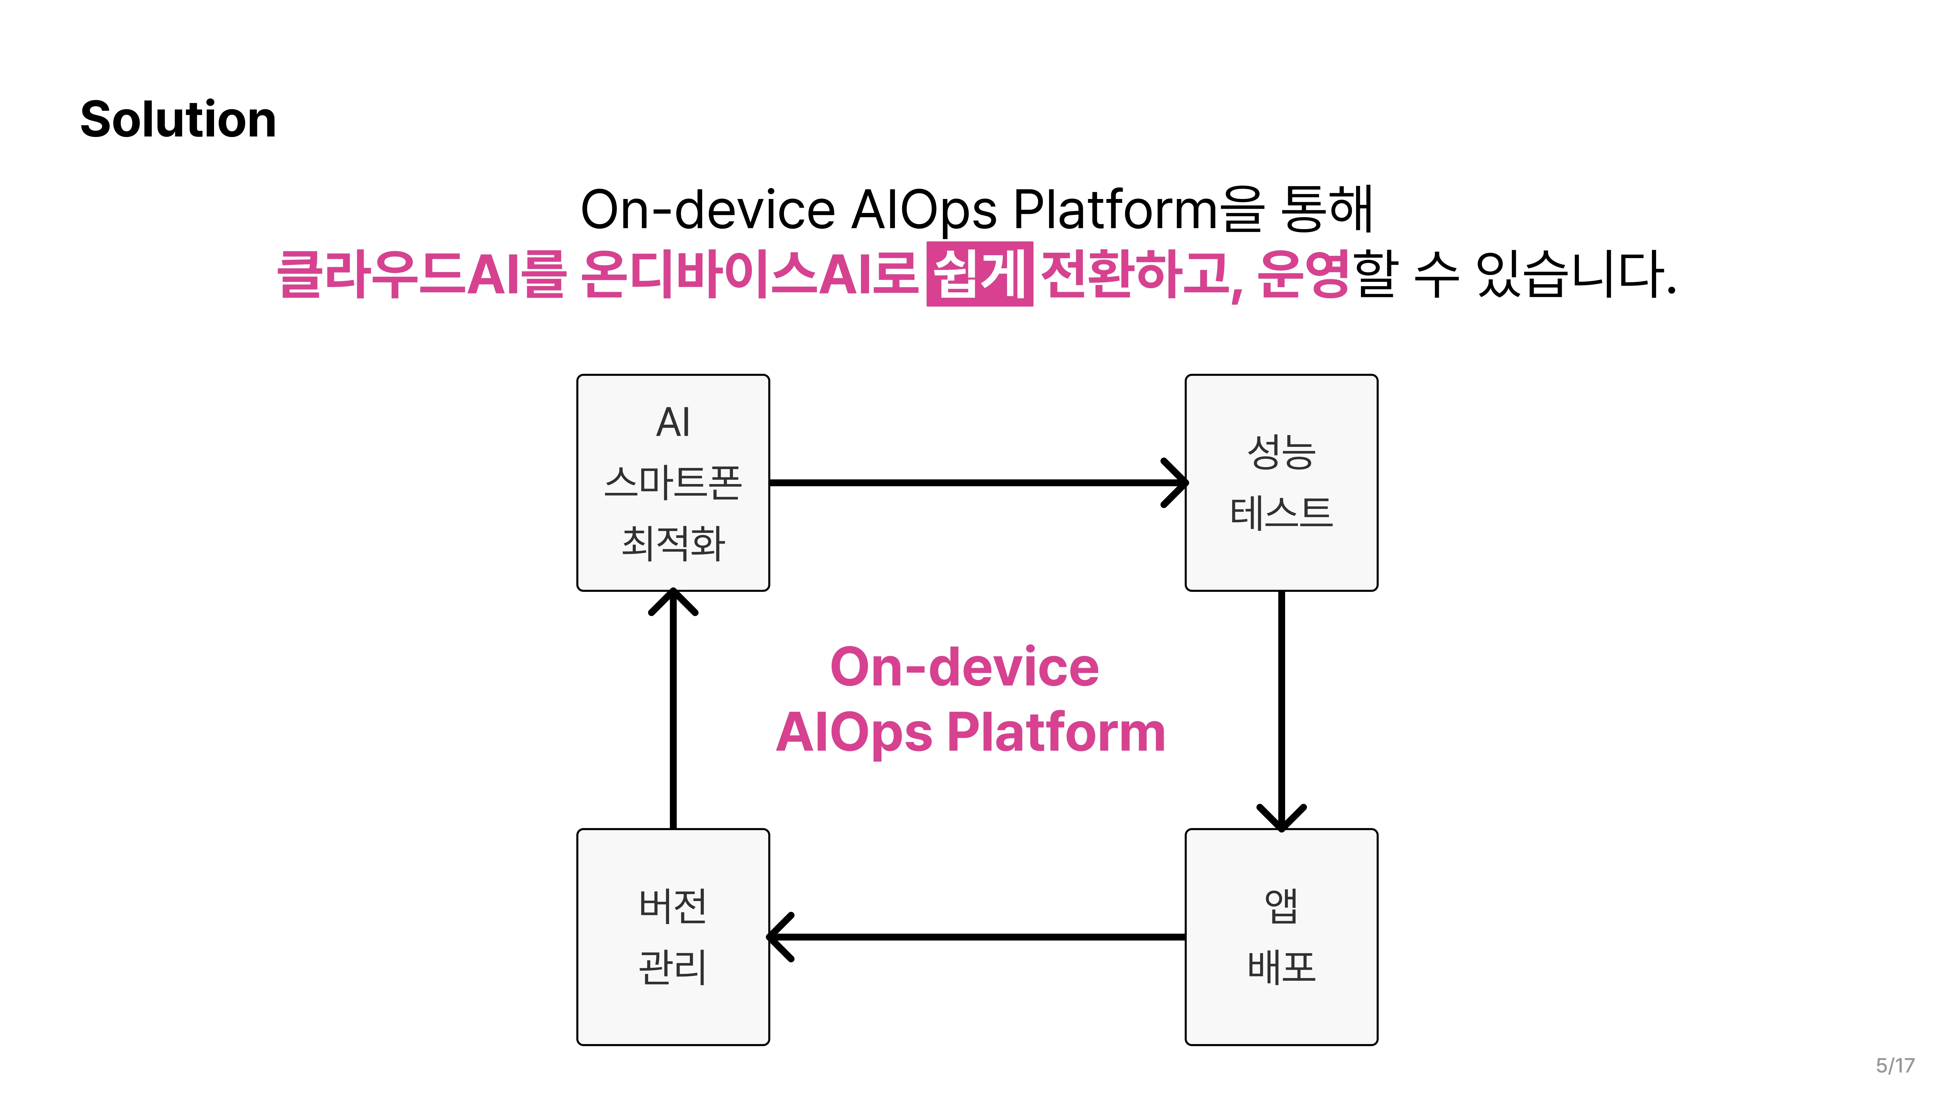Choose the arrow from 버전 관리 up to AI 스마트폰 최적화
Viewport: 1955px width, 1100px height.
(x=673, y=710)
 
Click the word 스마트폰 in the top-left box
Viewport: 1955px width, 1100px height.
(x=673, y=483)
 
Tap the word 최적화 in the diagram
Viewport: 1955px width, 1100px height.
(x=673, y=543)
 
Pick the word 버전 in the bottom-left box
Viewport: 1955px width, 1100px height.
(x=673, y=906)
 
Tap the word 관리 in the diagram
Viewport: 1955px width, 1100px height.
(x=673, y=967)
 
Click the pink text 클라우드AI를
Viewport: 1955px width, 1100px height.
(x=421, y=273)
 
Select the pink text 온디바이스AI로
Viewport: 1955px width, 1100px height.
(x=750, y=273)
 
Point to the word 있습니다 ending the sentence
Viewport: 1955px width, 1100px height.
(x=1575, y=273)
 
